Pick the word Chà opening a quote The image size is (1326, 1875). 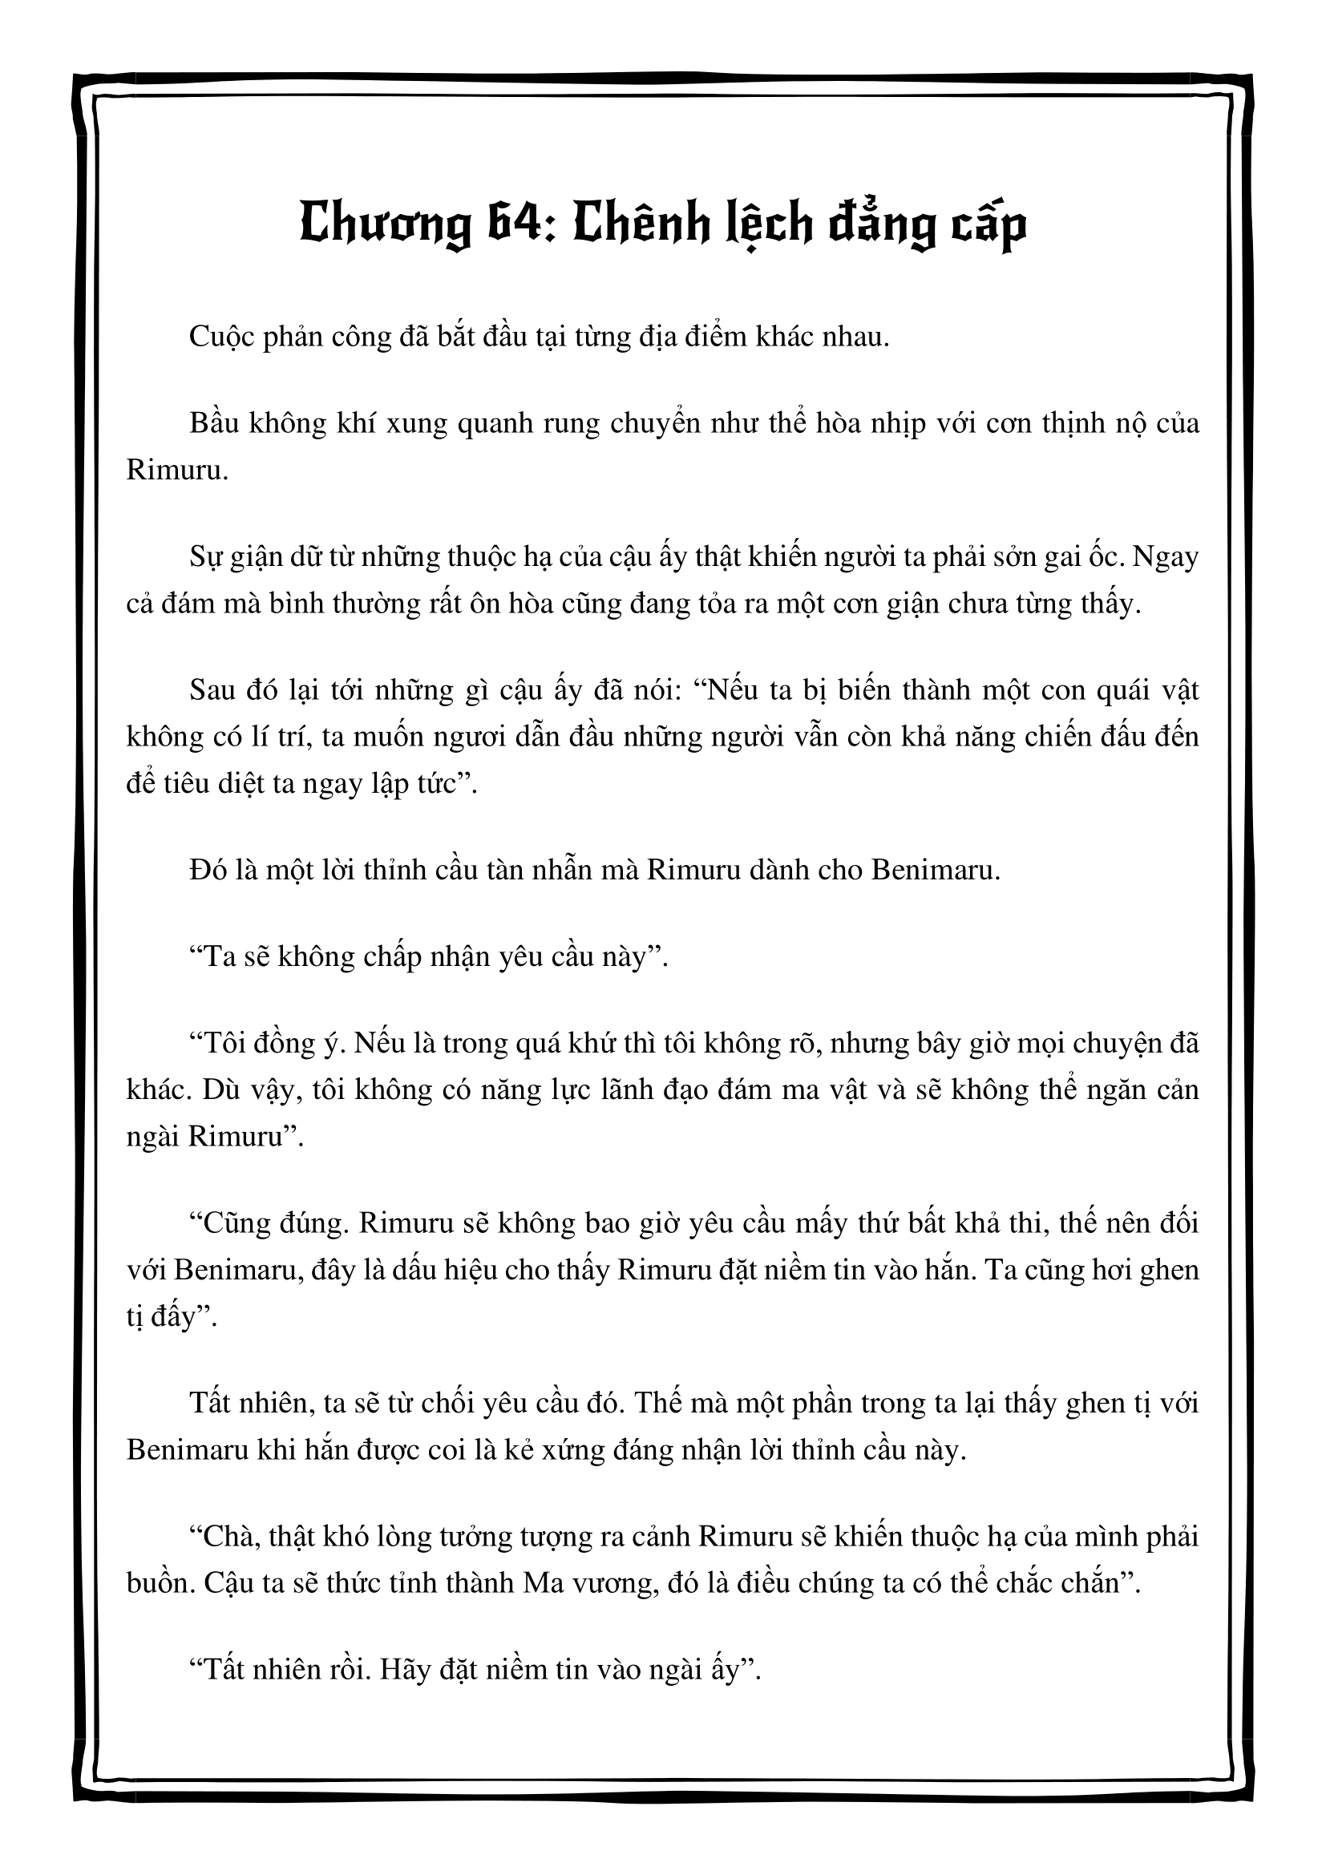[x=231, y=1537]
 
